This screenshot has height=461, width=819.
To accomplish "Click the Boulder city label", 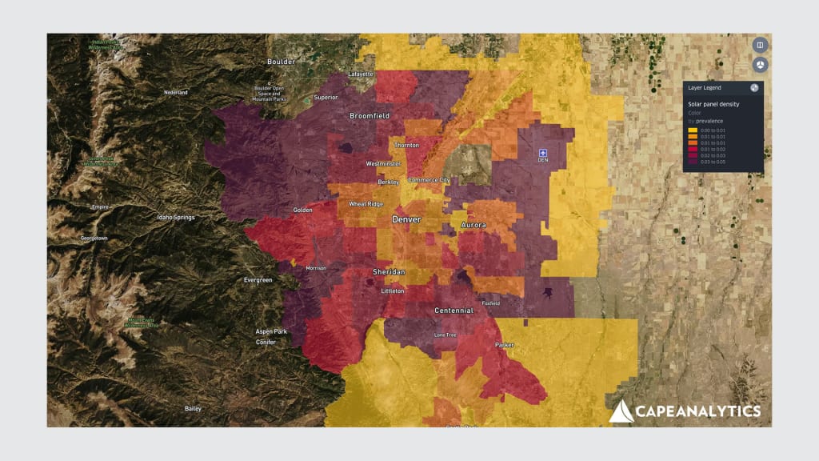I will (x=281, y=61).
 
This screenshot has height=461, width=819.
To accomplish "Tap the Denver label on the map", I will (x=407, y=218).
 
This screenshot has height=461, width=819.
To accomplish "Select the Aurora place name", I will (x=473, y=225).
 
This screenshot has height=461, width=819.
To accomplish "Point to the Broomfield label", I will (x=370, y=116).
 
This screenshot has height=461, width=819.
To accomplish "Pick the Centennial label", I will (x=454, y=310).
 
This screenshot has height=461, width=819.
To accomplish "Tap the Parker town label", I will (x=504, y=345).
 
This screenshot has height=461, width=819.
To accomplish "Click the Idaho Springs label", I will (x=176, y=218).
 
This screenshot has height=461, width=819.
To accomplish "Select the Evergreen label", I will (x=258, y=280).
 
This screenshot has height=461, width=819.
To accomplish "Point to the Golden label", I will (x=303, y=210).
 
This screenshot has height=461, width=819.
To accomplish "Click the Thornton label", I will (x=407, y=146).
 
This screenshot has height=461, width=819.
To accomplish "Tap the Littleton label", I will (x=393, y=292).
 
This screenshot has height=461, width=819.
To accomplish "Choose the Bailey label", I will (x=193, y=408).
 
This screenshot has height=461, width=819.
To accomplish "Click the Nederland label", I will (x=176, y=93).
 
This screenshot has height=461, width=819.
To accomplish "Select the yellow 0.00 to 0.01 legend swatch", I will (x=693, y=130).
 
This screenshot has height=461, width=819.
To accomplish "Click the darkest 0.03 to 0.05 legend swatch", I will (x=693, y=162).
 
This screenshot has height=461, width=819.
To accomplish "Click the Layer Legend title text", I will (x=704, y=87).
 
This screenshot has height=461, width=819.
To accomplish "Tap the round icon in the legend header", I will (x=754, y=87).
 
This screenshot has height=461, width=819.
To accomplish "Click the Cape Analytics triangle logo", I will (x=621, y=411).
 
